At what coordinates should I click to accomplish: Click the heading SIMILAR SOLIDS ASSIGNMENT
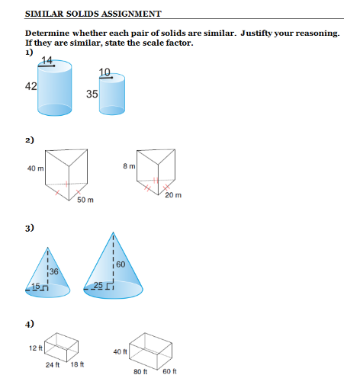[x=93, y=14]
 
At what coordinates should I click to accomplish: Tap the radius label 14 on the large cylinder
[x=47, y=61]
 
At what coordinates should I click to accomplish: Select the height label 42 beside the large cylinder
[x=31, y=87]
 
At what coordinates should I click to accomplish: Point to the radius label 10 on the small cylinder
[x=104, y=72]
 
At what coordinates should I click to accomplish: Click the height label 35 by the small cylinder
[x=92, y=94]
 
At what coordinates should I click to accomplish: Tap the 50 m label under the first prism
[x=85, y=200]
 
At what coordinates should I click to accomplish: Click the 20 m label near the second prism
[x=172, y=196]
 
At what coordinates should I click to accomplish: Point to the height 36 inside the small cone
[x=53, y=271]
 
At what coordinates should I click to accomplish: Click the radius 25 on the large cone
[x=98, y=286]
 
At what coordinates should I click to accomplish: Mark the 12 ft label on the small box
[x=35, y=348]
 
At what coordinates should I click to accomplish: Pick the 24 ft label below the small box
[x=53, y=365]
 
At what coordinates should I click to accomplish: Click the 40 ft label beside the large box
[x=119, y=351]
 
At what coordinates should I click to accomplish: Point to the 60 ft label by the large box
[x=169, y=371]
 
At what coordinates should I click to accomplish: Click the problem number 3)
[x=30, y=228]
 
